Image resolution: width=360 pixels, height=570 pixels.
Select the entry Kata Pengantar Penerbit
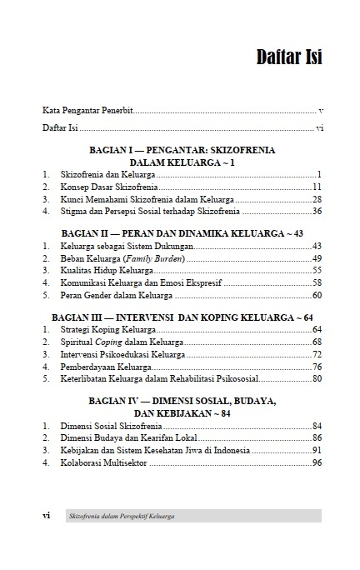pos(87,110)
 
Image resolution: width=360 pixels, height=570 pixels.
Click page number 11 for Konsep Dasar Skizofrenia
pos(317,187)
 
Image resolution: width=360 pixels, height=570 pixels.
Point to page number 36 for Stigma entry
pos(317,212)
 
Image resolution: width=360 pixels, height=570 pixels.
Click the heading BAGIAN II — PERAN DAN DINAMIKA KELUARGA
pos(182,233)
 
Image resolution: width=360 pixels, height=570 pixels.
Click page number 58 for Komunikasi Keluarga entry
pos(317,283)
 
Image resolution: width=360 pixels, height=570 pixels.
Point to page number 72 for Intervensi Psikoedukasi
pos(317,355)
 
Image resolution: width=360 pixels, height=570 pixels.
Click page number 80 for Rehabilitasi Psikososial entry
pos(317,379)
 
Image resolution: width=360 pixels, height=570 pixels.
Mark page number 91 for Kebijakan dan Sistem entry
pos(317,451)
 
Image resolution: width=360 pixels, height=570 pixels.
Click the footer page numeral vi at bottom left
pos(47,516)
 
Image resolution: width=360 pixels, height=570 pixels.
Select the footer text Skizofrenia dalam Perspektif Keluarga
pos(122,517)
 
